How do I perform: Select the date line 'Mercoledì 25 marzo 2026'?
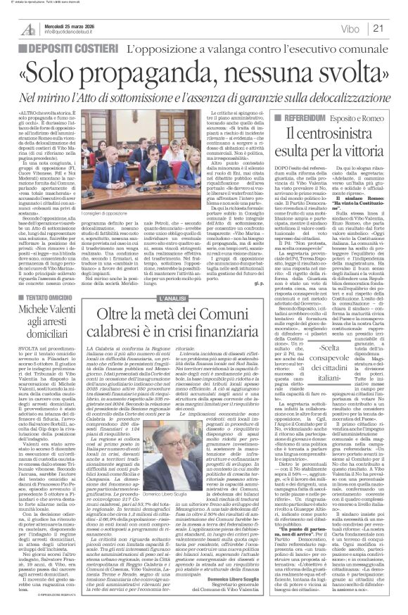(x=68, y=23)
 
